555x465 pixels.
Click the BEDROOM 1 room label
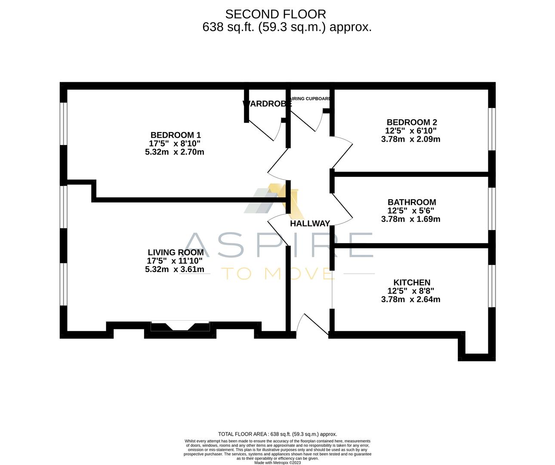click(175, 135)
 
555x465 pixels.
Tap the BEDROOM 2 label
click(413, 122)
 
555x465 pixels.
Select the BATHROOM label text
click(411, 202)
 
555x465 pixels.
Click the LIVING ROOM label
click(175, 252)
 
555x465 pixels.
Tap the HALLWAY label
click(309, 223)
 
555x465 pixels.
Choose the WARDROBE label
click(267, 103)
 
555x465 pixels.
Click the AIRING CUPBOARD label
click(311, 99)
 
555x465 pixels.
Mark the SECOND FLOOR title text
click(275, 14)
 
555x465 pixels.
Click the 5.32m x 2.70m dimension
click(174, 152)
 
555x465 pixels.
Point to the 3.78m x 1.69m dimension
click(410, 219)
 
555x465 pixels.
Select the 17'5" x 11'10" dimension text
click(174, 261)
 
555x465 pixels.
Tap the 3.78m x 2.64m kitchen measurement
click(410, 299)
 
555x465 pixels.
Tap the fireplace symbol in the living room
click(180, 326)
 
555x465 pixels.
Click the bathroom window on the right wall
click(492, 209)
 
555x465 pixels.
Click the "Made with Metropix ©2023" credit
click(277, 463)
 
